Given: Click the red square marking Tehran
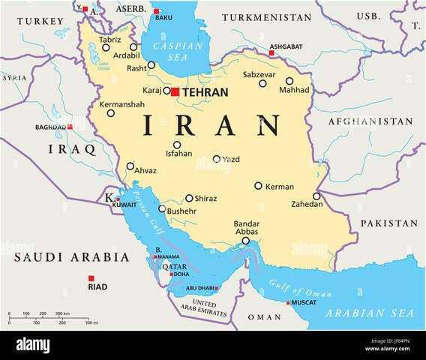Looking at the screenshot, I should coord(175,91).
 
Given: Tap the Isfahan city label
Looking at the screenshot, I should coord(178,154).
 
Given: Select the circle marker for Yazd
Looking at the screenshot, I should coord(217,159).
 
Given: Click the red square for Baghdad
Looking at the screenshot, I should coord(70,127).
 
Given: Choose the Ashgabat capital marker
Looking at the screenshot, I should coord(271,52).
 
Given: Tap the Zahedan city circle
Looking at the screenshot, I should coord(316,196).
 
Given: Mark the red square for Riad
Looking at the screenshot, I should coord(91,277).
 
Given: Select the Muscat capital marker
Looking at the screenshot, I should coord(288,303).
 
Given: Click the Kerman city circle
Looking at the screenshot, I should coord(258,185).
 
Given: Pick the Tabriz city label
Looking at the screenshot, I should coord(109,40).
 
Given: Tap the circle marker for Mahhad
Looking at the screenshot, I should coord(289,81).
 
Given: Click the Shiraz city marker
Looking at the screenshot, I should coord(189,199).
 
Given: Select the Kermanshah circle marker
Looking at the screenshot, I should coord(111,113).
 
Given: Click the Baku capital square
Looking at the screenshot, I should coord(157,11).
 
